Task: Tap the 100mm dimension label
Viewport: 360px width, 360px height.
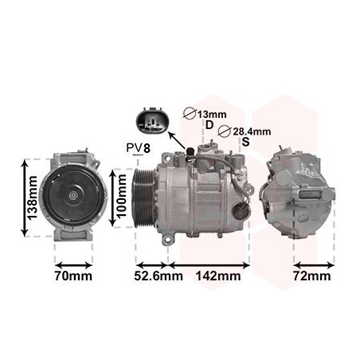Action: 122,197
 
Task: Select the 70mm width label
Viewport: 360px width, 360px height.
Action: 72,276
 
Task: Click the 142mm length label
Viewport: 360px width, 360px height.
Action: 217,276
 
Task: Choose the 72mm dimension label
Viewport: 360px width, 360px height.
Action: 311,276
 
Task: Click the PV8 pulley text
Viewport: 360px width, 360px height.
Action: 138,148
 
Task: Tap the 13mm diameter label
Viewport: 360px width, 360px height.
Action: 211,114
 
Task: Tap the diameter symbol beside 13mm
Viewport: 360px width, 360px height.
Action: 190,114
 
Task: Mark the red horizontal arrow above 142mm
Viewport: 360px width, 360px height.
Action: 209,262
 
